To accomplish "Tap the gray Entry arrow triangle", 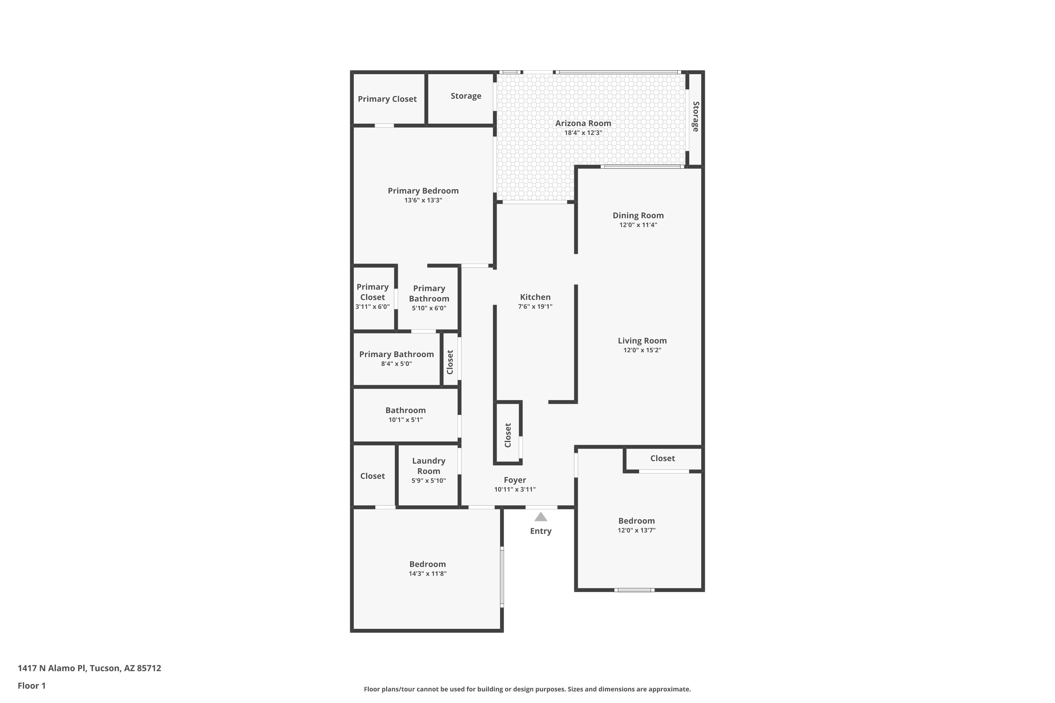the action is click(541, 517).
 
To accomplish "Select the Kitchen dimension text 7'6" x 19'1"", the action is click(535, 307).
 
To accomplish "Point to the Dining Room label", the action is click(638, 215).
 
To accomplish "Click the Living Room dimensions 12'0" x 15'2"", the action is click(642, 350).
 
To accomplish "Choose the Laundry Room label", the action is click(429, 466).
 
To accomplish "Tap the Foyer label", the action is click(515, 480).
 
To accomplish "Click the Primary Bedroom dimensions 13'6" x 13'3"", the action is click(423, 200).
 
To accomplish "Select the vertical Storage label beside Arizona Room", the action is click(696, 117).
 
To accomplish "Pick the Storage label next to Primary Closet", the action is click(466, 96).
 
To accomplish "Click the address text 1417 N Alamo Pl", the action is click(52, 668).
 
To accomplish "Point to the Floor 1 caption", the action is click(32, 685).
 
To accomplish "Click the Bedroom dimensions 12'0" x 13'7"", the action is click(637, 530).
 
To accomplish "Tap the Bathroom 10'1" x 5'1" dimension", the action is click(405, 420).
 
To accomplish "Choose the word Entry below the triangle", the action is click(541, 531).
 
